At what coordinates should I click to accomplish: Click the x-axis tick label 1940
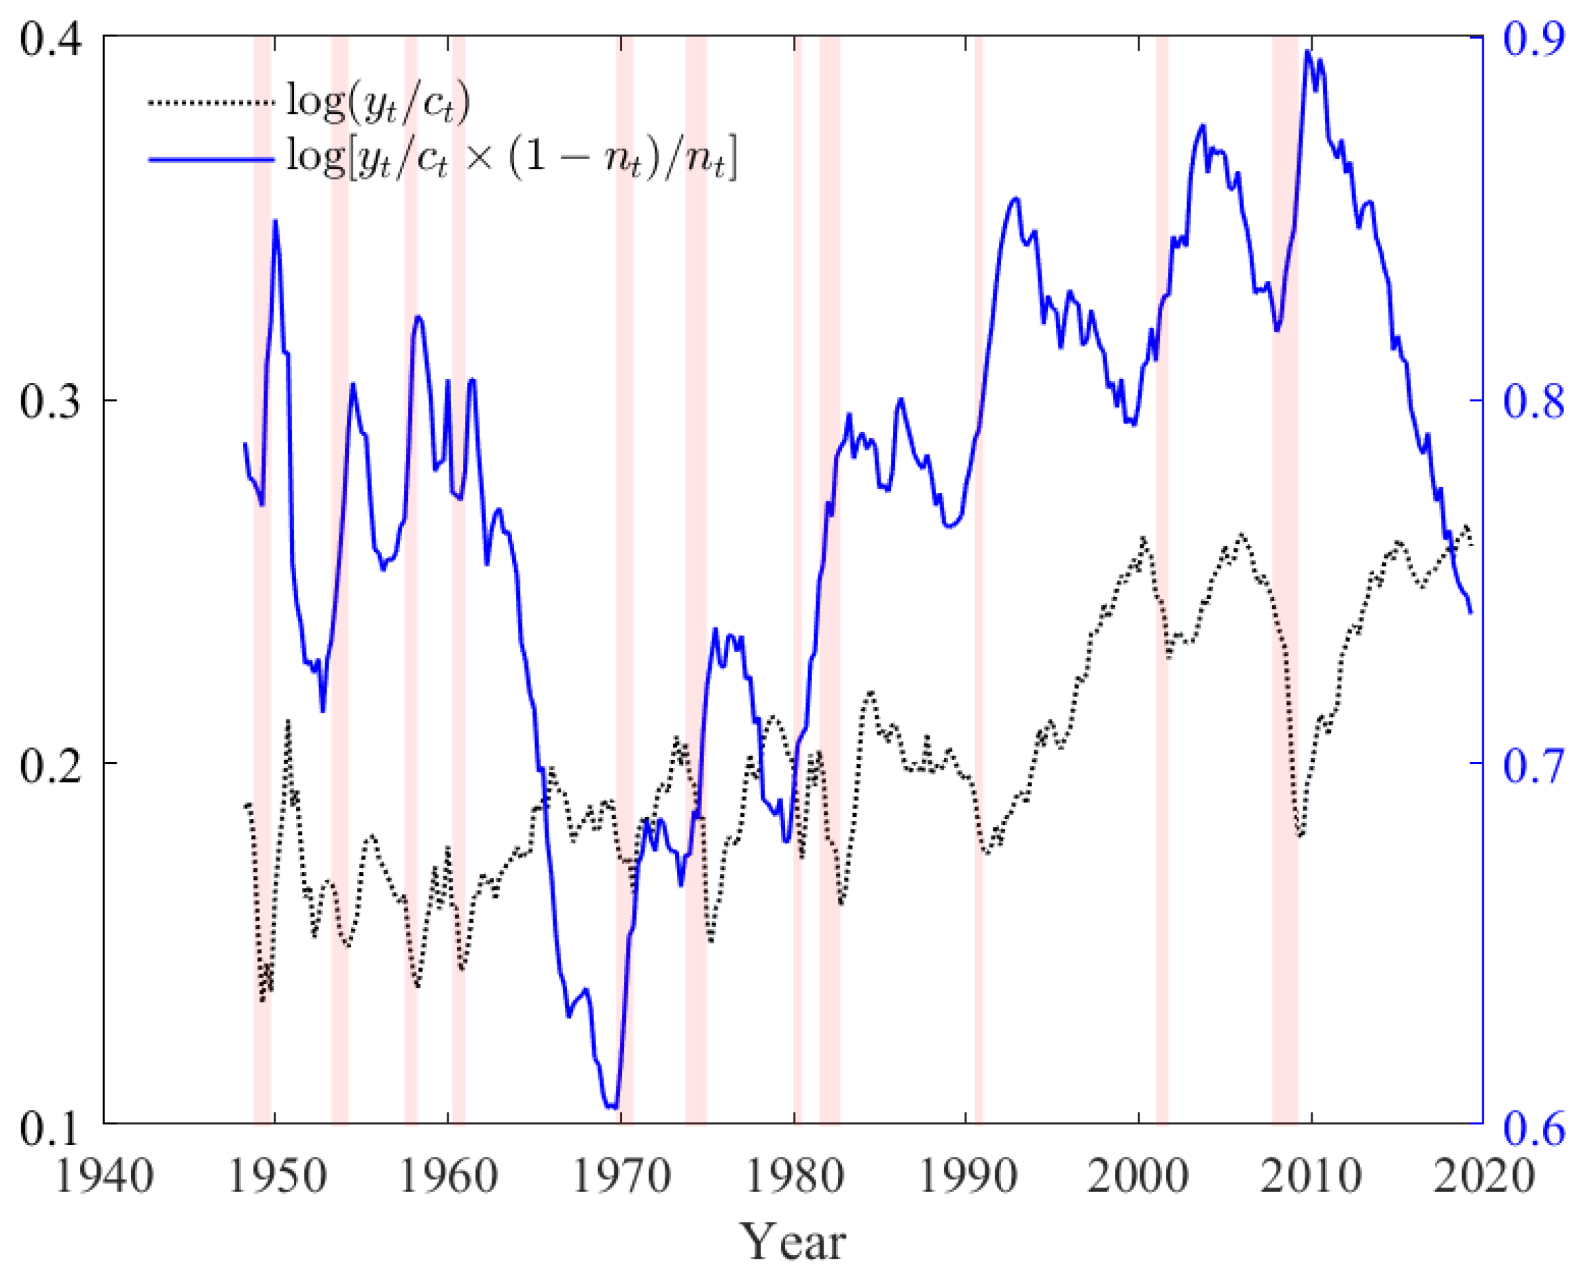(x=104, y=1177)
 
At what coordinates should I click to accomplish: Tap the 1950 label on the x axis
(x=277, y=1177)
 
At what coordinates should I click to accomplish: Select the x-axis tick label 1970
(x=622, y=1177)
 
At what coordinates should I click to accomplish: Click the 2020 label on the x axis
(x=1486, y=1177)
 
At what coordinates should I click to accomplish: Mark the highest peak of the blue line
(x=1307, y=52)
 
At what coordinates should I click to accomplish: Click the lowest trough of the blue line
(x=612, y=1106)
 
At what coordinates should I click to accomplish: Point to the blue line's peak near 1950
(x=275, y=220)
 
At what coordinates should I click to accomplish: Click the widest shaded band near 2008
(x=1285, y=582)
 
